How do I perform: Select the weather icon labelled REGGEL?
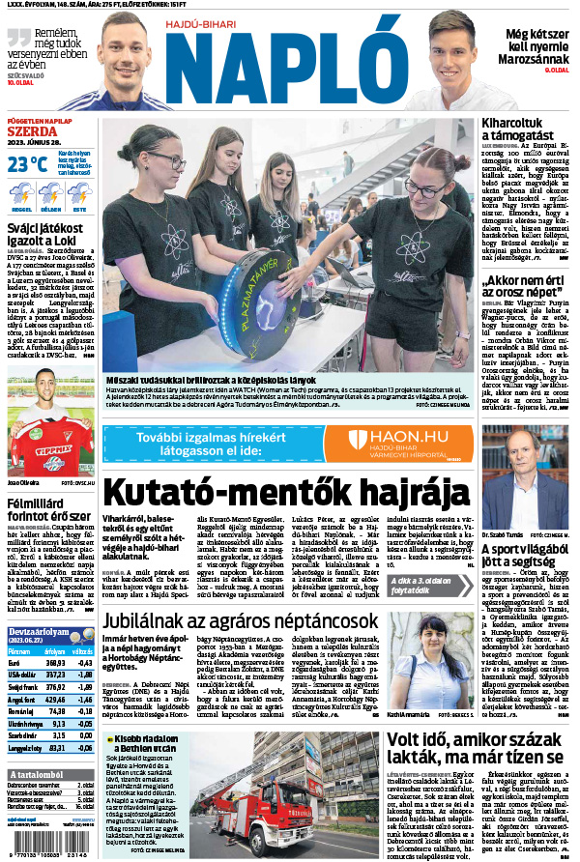pos(21,195)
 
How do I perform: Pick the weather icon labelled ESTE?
pos(78,195)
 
